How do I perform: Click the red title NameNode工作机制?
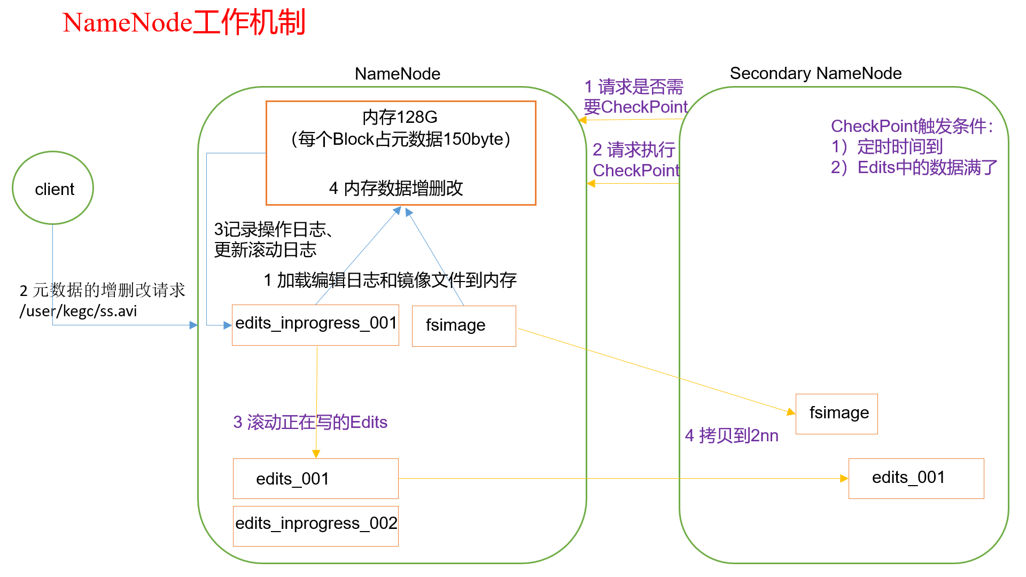[x=184, y=22]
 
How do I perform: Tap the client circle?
[x=53, y=188]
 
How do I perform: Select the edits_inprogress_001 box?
[x=315, y=324]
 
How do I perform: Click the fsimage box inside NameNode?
[x=463, y=325]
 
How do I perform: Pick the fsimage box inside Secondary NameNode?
[x=836, y=414]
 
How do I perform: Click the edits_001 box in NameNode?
[x=315, y=478]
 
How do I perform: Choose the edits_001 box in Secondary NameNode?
[x=915, y=478]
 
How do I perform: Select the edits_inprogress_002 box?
[x=315, y=525]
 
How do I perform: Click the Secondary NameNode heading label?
[x=815, y=73]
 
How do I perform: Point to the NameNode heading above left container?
[x=397, y=74]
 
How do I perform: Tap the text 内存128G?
[x=400, y=117]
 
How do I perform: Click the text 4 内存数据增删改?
[x=396, y=188]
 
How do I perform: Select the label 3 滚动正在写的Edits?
[x=310, y=422]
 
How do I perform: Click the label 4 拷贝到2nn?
[x=731, y=435]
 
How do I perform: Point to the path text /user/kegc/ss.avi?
[x=79, y=311]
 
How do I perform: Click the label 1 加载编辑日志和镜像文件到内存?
[x=390, y=280]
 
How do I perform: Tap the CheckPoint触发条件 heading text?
[x=911, y=126]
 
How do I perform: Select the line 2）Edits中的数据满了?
[x=914, y=168]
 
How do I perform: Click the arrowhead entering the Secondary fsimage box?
[x=791, y=411]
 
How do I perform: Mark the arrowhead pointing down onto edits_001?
[x=316, y=454]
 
